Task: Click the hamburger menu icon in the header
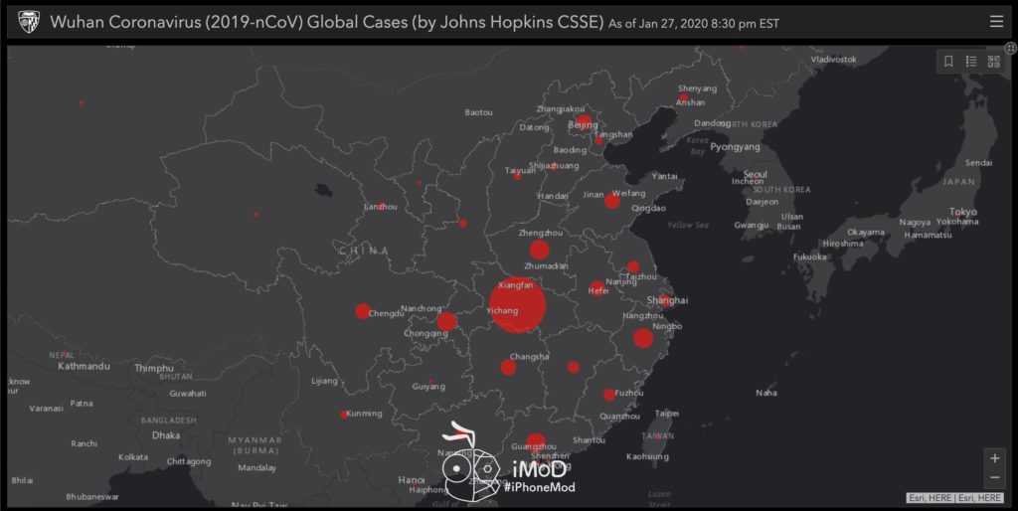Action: (996, 21)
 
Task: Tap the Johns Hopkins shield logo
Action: (28, 21)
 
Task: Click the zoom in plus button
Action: (995, 458)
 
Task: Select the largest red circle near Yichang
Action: (517, 305)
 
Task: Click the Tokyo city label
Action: (962, 212)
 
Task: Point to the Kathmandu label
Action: (84, 366)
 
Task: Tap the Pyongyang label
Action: (735, 146)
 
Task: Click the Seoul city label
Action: (755, 174)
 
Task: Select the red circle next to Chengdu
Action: (363, 311)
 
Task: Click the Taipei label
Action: (667, 413)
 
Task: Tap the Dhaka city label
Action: (165, 435)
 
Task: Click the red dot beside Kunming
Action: (344, 415)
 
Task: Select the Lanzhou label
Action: (381, 207)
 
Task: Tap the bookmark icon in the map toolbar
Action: (948, 62)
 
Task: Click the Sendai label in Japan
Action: (978, 162)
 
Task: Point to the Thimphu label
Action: (154, 368)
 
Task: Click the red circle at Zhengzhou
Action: (540, 250)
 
